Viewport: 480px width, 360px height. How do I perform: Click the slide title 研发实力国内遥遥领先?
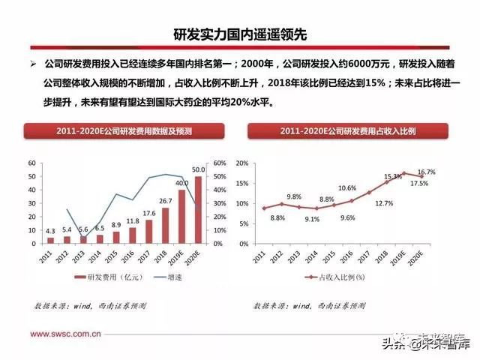239,34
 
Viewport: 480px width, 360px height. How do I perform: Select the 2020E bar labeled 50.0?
198,210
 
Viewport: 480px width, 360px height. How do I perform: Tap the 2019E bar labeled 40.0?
181,217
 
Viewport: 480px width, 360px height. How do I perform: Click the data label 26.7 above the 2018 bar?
165,201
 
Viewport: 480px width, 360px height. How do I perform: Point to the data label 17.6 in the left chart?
148,213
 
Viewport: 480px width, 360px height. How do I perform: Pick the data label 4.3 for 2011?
50,231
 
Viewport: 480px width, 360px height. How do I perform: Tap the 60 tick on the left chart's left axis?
31,163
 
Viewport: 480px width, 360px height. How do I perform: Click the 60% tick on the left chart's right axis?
219,163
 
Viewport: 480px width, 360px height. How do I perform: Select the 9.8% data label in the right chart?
294,196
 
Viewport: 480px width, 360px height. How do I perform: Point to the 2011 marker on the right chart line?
263,208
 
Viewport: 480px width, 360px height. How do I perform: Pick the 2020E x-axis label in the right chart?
420,257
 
